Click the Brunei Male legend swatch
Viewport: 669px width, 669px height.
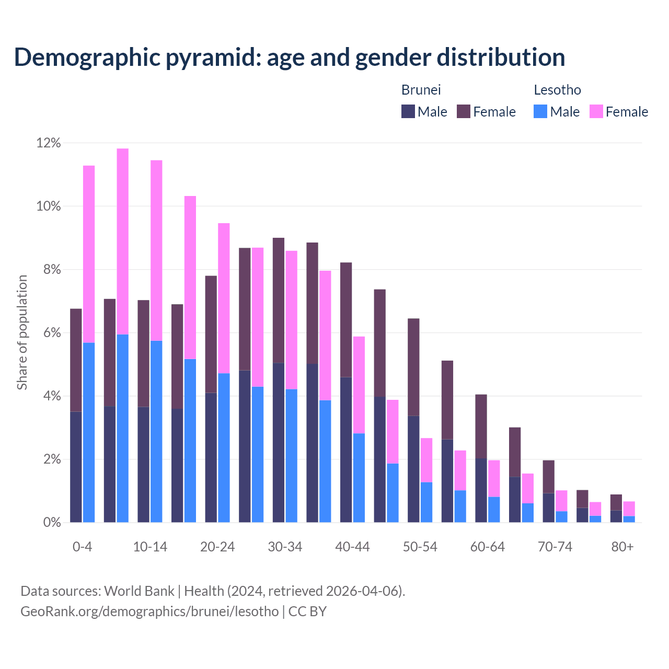(408, 111)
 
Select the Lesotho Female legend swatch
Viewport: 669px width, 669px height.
(596, 111)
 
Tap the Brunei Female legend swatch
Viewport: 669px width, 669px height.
(464, 111)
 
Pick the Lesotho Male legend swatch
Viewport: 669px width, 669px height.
(540, 111)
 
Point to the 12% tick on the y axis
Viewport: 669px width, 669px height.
(49, 143)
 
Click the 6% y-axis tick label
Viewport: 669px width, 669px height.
(52, 333)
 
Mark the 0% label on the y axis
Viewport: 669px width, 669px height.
(52, 523)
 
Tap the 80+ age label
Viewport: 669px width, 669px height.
(622, 547)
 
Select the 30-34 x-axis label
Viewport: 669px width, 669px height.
(285, 547)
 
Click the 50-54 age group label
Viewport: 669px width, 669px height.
(420, 547)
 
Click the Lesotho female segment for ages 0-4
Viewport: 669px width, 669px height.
(89, 254)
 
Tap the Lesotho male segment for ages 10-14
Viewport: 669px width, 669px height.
(156, 431)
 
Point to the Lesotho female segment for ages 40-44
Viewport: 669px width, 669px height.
(359, 385)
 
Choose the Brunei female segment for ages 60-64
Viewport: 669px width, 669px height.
(481, 426)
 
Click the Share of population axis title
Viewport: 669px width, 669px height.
(22, 332)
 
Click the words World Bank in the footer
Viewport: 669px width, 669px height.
(139, 591)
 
